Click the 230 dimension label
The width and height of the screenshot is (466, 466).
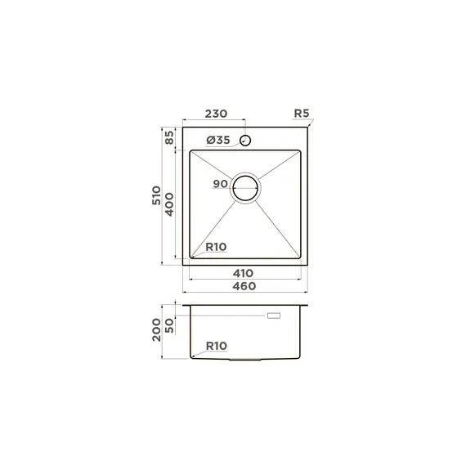[216, 114]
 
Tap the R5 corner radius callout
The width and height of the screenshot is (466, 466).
[302, 114]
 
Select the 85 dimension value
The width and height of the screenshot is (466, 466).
[169, 137]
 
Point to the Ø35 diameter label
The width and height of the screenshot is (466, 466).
[218, 140]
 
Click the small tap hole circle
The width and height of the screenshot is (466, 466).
[245, 141]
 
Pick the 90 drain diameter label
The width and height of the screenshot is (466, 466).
[220, 184]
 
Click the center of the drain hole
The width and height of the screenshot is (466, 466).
[245, 188]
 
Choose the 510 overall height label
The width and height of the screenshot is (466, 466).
[156, 195]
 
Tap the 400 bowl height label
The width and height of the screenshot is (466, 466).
[169, 204]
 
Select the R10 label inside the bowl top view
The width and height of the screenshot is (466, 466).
[216, 247]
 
